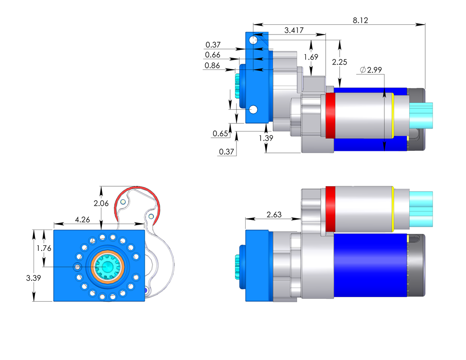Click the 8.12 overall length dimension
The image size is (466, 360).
pos(360,20)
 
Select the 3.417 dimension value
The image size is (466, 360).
pos(294,31)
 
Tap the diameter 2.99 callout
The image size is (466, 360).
pos(371,70)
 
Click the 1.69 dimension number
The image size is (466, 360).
pos(311,57)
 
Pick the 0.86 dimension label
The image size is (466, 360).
pos(212,65)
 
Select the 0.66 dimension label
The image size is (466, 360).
pos(212,55)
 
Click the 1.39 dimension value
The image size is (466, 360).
pos(266,139)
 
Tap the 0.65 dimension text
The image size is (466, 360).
pos(220,133)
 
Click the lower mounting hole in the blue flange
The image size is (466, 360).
pos(253,110)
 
